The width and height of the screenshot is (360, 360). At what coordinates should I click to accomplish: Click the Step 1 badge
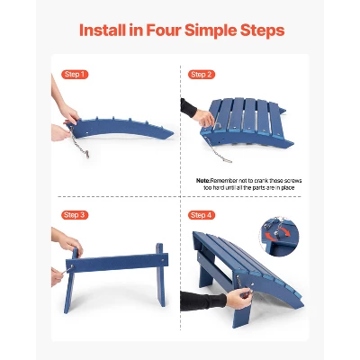point(75,74)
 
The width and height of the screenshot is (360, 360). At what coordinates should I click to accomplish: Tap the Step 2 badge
point(202,75)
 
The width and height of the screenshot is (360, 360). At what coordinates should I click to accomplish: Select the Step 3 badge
point(75,215)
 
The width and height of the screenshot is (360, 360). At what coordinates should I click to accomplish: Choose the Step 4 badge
point(202,215)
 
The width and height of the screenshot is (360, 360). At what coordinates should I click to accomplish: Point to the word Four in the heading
point(164,31)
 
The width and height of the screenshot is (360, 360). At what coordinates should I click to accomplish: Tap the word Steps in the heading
point(262,31)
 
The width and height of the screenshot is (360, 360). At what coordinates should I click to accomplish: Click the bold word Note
point(202,181)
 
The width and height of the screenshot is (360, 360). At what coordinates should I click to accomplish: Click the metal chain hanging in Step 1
point(79,142)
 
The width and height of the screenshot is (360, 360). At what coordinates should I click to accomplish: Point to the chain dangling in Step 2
point(217,150)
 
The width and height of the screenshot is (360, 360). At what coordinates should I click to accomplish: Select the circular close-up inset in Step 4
point(280,237)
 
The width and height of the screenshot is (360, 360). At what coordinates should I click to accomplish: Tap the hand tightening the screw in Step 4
point(239,298)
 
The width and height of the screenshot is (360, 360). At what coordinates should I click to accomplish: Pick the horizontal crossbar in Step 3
point(117,263)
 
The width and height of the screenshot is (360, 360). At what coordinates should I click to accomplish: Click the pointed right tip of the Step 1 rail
point(174,134)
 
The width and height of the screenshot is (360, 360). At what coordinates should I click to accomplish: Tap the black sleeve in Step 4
point(203,301)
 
